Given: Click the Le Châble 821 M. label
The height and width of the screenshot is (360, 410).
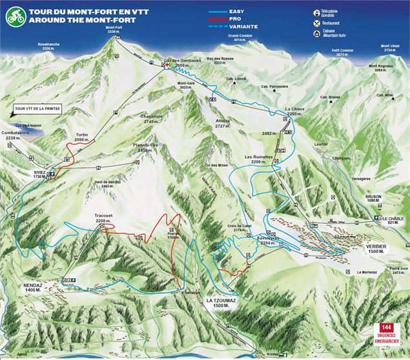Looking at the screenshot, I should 393,219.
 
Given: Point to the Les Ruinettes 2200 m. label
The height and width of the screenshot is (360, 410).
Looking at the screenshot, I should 257,159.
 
